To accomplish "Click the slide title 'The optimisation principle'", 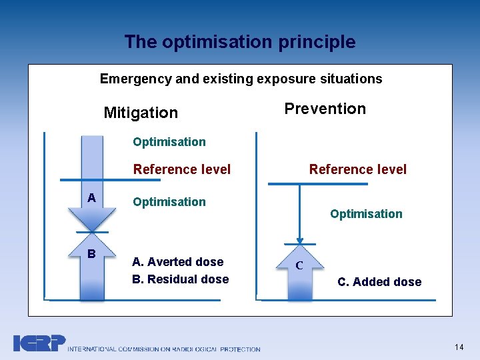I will click(x=239, y=42).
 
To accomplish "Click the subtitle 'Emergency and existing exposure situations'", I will click(x=241, y=79).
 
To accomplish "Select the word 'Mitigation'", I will click(x=141, y=113).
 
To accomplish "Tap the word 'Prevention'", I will click(x=325, y=109).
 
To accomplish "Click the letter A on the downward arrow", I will click(x=91, y=197).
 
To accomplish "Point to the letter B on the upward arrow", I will click(x=91, y=253).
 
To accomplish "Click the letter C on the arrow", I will click(x=299, y=265).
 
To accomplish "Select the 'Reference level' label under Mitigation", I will click(x=181, y=169).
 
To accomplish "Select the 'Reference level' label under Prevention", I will click(x=357, y=169).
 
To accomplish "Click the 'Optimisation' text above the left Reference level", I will click(x=169, y=141).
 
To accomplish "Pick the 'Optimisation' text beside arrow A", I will click(x=169, y=201).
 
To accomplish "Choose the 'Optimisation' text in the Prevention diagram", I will click(x=366, y=214).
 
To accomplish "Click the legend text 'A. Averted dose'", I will click(x=177, y=262).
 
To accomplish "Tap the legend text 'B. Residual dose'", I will click(x=180, y=279).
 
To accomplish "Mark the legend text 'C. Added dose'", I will click(x=379, y=282).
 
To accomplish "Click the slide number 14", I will click(x=458, y=347).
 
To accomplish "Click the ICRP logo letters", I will click(x=39, y=343).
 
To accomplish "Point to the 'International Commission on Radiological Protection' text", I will click(x=163, y=349).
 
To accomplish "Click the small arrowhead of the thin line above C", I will click(x=300, y=241).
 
